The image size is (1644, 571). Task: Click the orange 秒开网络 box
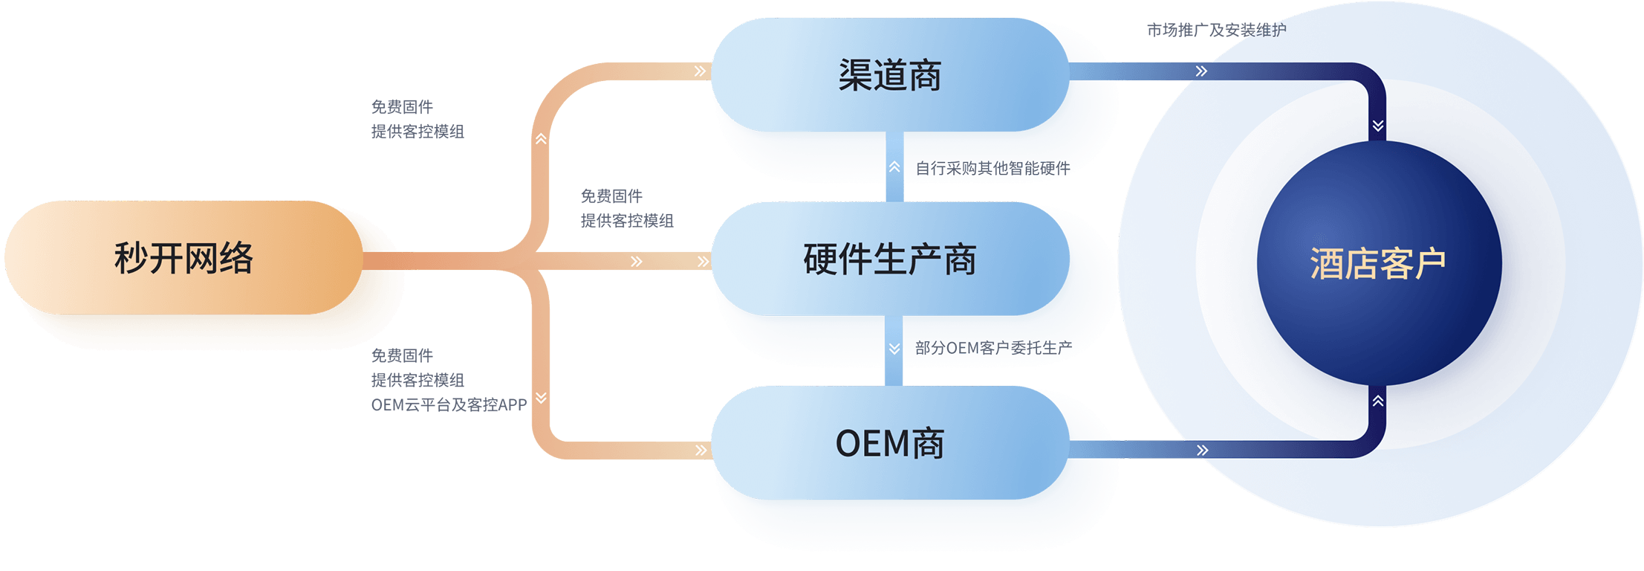tap(183, 258)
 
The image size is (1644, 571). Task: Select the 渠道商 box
tap(889, 75)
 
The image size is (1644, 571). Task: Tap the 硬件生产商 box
tap(889, 259)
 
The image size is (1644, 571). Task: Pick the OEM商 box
tap(889, 443)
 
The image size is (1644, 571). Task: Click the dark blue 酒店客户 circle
tap(1378, 263)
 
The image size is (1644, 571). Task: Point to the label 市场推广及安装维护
tap(1216, 30)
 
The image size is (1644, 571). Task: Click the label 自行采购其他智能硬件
tap(992, 169)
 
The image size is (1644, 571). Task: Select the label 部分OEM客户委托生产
tap(993, 347)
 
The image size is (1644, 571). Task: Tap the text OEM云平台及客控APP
tap(449, 404)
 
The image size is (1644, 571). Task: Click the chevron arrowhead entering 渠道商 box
tap(700, 71)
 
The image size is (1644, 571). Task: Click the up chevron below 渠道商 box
tap(894, 168)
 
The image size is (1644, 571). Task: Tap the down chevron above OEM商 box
tap(894, 348)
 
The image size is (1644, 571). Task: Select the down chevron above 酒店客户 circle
tap(1378, 126)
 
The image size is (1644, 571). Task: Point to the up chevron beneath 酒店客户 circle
tap(1378, 401)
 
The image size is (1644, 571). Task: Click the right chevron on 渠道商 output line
tap(1202, 71)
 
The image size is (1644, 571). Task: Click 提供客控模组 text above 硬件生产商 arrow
tap(626, 220)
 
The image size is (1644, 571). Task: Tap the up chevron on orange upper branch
tap(541, 139)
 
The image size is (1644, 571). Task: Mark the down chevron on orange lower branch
tap(541, 398)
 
